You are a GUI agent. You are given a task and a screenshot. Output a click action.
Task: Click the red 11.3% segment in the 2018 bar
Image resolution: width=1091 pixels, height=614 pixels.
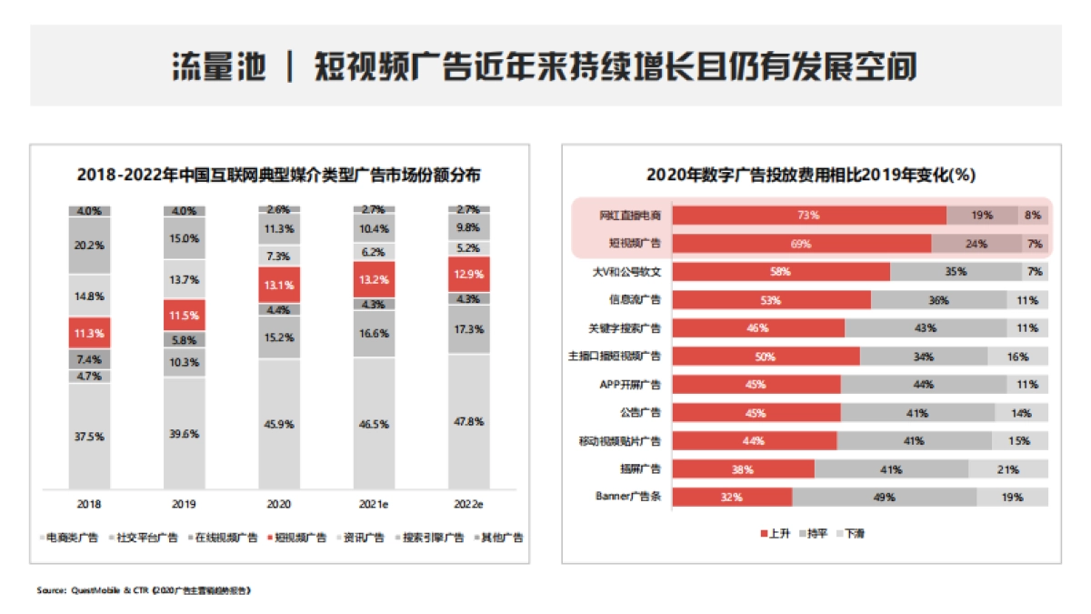click(89, 332)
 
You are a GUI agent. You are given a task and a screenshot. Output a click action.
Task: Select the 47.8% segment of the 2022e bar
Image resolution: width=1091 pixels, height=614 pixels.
click(469, 422)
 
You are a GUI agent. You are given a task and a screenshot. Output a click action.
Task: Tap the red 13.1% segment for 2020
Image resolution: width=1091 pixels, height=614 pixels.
click(279, 285)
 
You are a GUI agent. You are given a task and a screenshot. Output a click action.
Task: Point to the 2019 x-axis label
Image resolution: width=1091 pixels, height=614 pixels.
click(185, 503)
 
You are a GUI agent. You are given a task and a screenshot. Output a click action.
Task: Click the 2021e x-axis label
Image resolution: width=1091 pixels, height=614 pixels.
click(375, 503)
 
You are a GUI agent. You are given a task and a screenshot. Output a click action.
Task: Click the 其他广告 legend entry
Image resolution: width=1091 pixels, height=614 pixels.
click(497, 538)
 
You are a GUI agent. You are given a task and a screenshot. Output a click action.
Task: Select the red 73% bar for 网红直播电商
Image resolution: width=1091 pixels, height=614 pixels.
click(809, 216)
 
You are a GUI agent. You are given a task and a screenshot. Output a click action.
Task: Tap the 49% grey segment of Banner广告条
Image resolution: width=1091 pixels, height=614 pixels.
click(885, 498)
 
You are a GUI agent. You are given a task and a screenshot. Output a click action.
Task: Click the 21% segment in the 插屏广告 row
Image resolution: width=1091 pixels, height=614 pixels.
click(1008, 469)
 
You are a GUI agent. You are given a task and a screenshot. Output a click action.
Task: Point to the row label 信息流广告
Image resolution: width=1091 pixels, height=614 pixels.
click(634, 299)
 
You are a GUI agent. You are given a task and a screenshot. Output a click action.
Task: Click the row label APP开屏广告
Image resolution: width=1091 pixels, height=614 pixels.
click(629, 385)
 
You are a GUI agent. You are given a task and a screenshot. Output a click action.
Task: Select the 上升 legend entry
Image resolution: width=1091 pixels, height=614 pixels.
click(774, 533)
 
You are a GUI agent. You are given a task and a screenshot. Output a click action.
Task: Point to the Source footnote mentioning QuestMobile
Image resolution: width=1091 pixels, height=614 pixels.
click(143, 590)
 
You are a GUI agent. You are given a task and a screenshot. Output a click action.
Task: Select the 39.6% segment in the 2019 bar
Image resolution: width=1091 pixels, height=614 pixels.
click(185, 434)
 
